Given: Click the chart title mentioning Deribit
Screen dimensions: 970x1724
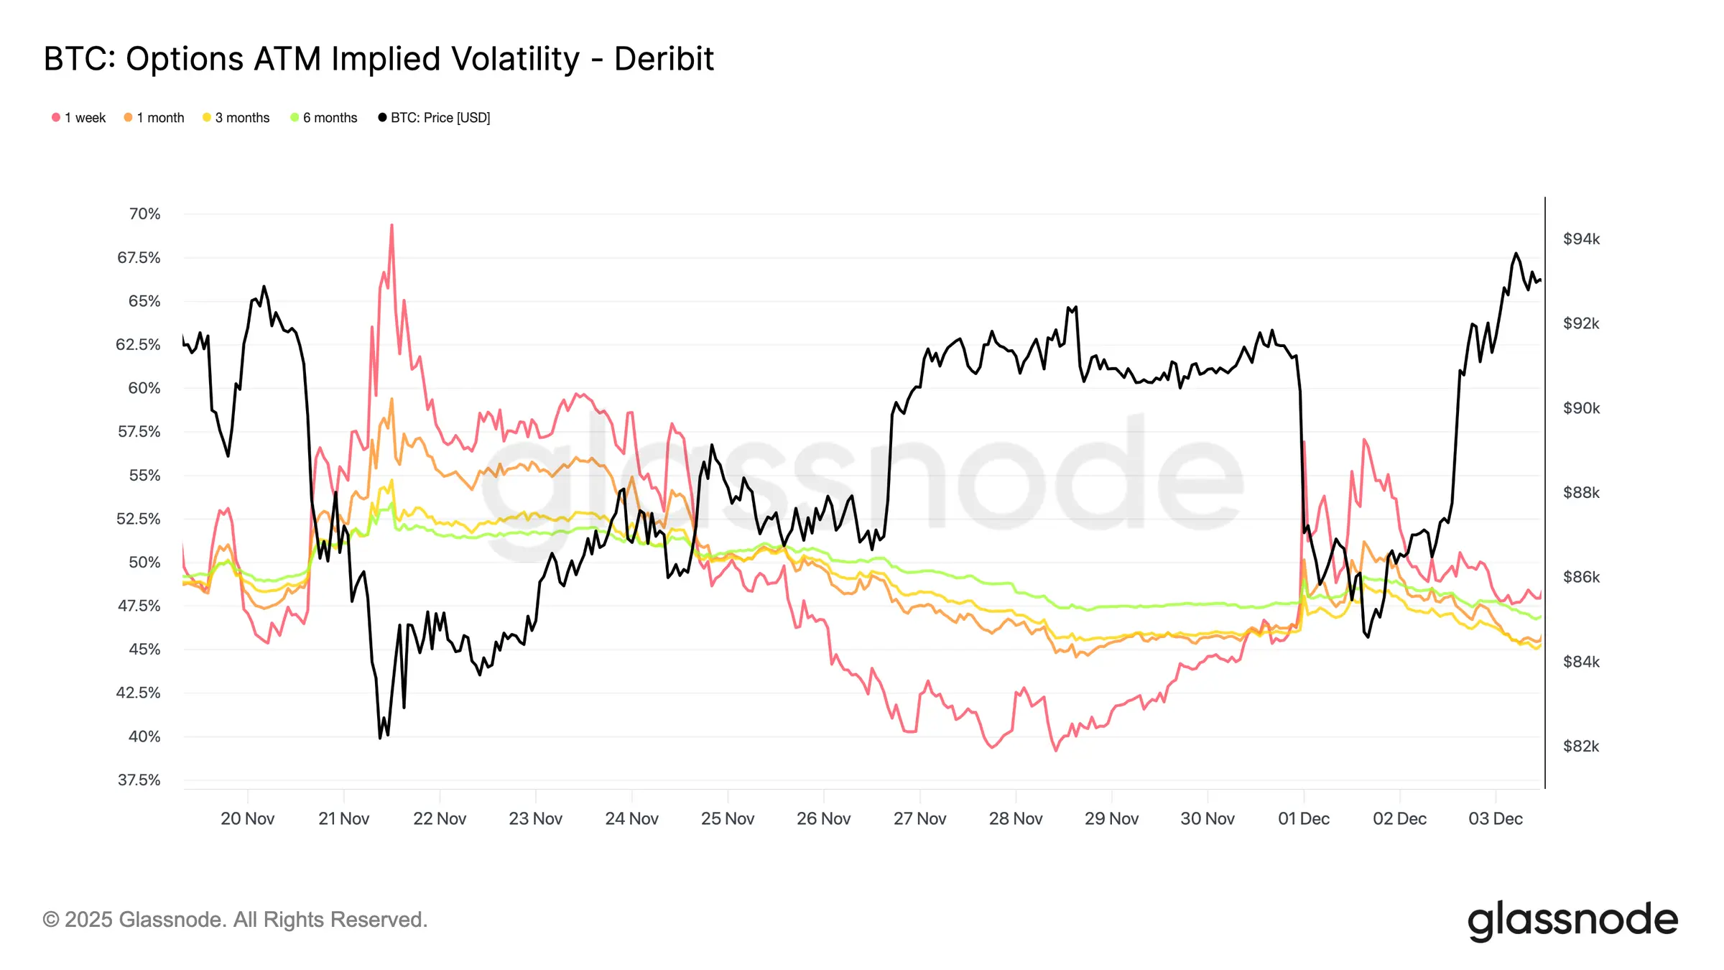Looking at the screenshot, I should tap(379, 59).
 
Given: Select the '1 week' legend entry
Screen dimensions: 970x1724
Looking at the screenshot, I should tap(79, 118).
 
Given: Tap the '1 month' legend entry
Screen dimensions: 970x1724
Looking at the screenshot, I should tap(154, 118).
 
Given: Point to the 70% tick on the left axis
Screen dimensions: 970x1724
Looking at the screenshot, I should tap(144, 214).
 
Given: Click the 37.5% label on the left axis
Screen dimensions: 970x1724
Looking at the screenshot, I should tap(139, 780).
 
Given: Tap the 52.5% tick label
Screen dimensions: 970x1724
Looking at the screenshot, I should tap(139, 519).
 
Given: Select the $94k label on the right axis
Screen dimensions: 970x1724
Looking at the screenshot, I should tap(1581, 239).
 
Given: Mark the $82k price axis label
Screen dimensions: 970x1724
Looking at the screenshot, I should tap(1581, 747).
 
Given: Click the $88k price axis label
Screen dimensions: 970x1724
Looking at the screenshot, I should tap(1581, 493).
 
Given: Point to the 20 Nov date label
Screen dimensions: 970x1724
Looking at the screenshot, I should tap(247, 819).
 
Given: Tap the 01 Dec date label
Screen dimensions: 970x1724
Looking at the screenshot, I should tap(1303, 819).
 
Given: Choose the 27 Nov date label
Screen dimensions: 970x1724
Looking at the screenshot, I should tap(919, 819).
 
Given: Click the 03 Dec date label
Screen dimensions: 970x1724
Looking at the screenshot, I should tap(1496, 819).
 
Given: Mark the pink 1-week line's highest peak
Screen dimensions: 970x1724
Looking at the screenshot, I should tap(391, 225).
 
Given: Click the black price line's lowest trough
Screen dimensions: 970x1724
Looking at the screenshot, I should tap(380, 737).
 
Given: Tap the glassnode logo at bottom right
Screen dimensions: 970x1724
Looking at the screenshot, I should tap(1572, 920).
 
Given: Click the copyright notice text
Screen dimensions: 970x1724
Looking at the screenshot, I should tap(235, 920).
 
